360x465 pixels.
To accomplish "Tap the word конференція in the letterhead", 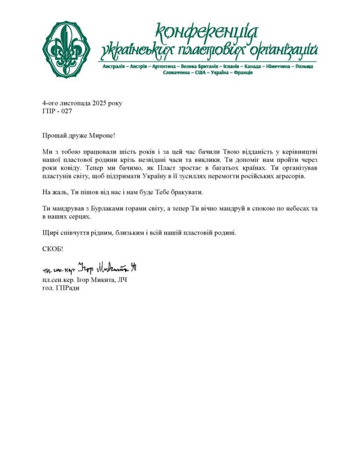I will [x=207, y=32].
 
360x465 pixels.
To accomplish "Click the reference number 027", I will [x=66, y=111].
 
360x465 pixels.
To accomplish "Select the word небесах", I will [x=280, y=207].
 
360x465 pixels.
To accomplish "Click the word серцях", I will [x=79, y=217].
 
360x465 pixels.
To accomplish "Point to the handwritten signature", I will [x=89, y=268].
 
